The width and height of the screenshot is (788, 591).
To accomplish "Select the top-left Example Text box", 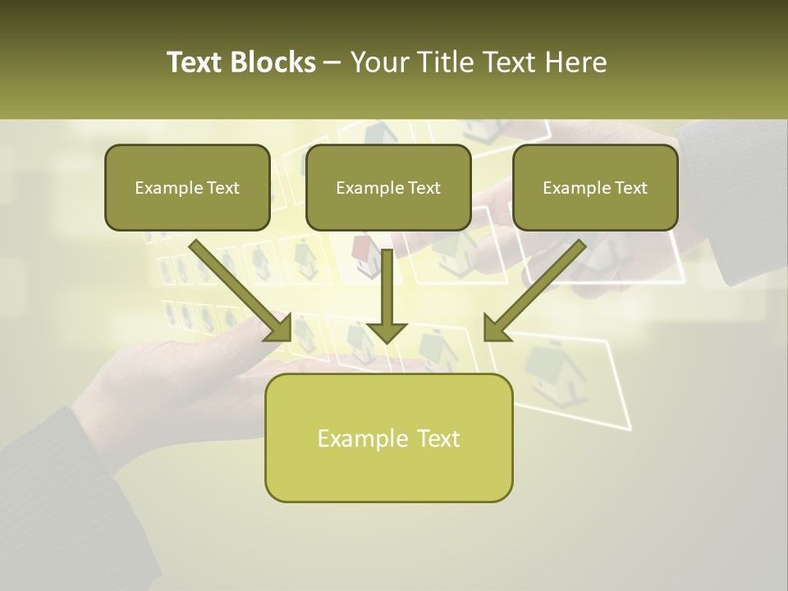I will [x=187, y=187].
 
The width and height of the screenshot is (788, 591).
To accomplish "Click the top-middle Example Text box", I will [x=388, y=187].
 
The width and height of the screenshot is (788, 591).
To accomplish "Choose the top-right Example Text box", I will [x=595, y=187].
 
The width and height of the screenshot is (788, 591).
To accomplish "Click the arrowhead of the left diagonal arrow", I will [x=279, y=328].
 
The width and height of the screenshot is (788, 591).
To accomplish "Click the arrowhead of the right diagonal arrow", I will [x=497, y=328].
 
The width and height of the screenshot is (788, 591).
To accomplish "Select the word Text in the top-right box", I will [x=631, y=188].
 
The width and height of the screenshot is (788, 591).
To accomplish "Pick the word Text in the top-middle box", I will [x=424, y=188].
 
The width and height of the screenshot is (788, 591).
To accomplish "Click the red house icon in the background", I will [x=361, y=246].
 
